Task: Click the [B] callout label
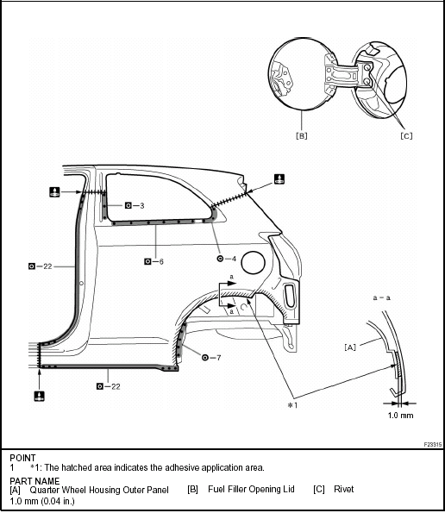click(301, 135)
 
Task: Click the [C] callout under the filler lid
click(406, 135)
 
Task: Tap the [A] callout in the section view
click(350, 347)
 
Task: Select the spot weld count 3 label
click(141, 206)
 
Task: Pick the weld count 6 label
click(161, 262)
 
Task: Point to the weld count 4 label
click(234, 259)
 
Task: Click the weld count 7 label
click(218, 358)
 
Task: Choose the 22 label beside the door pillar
click(47, 266)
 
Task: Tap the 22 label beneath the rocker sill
click(116, 386)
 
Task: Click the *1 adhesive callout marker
click(292, 405)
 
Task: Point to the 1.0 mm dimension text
click(400, 416)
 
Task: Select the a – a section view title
click(381, 297)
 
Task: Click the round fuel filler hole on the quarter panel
click(253, 262)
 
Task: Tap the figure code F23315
click(433, 444)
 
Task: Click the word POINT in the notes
click(22, 458)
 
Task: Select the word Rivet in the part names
click(343, 489)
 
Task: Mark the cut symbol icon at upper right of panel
click(279, 179)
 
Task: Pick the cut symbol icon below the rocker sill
click(40, 396)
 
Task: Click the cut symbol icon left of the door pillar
click(54, 192)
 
